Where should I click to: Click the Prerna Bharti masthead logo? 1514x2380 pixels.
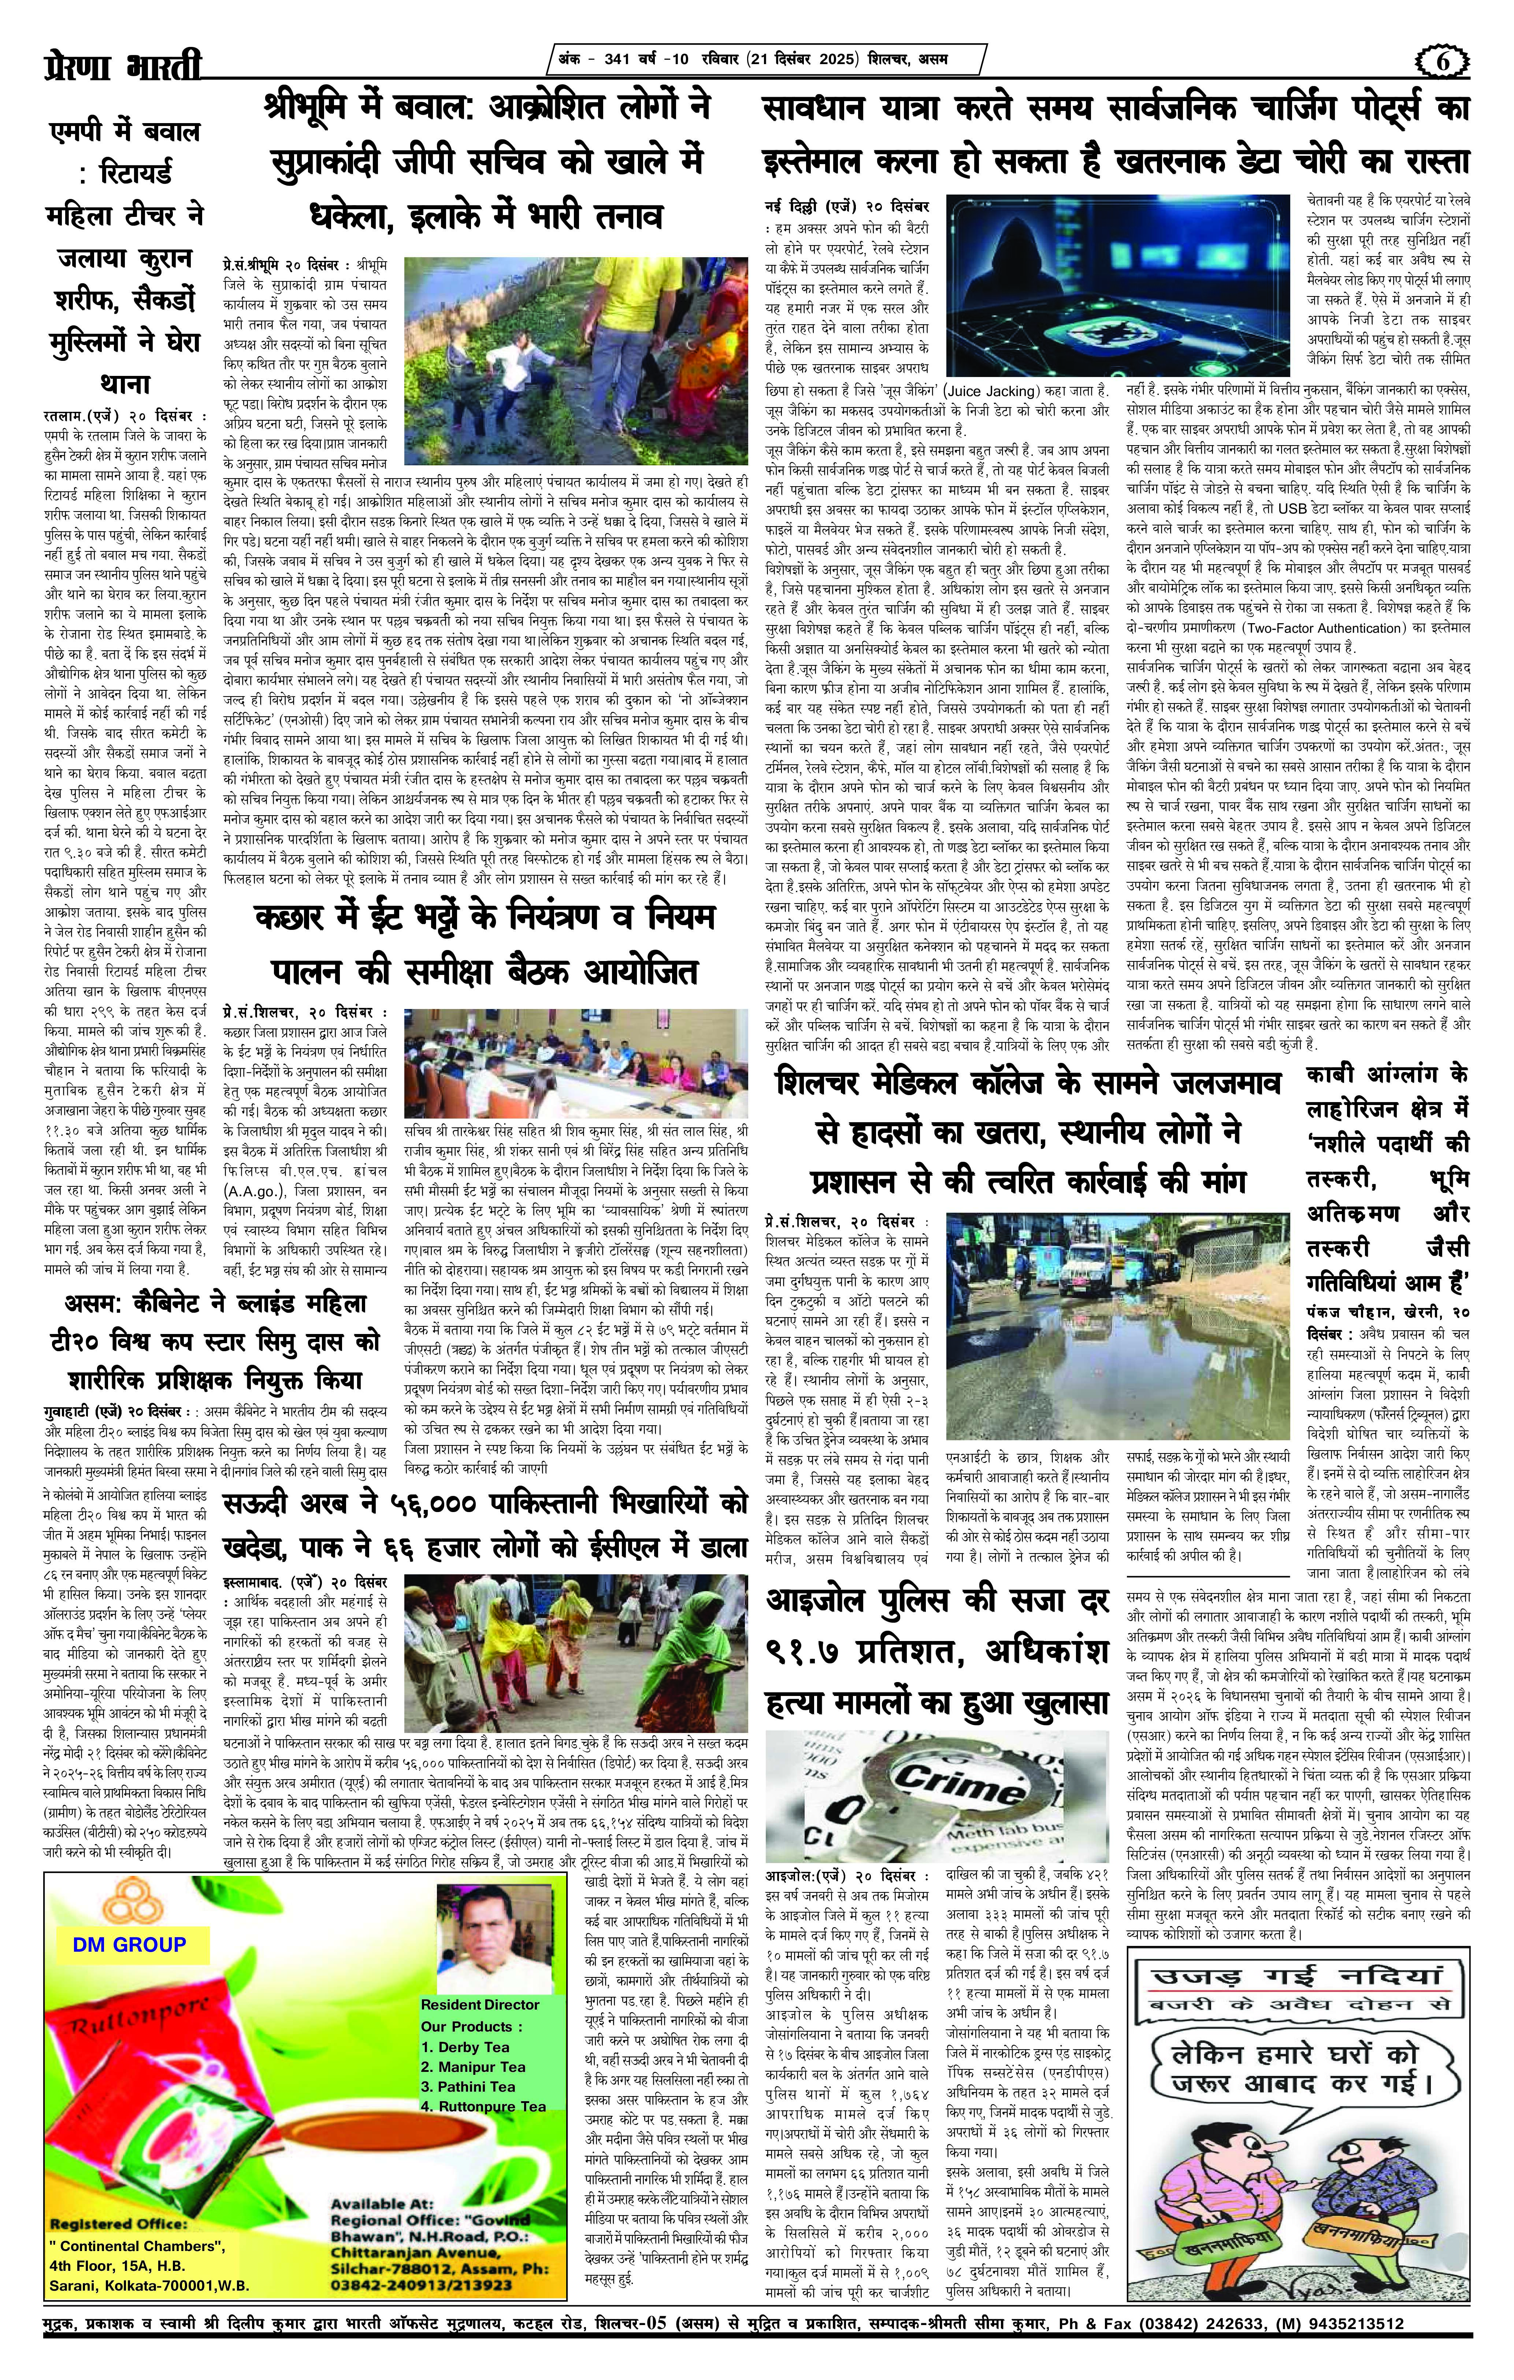coord(123,67)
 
